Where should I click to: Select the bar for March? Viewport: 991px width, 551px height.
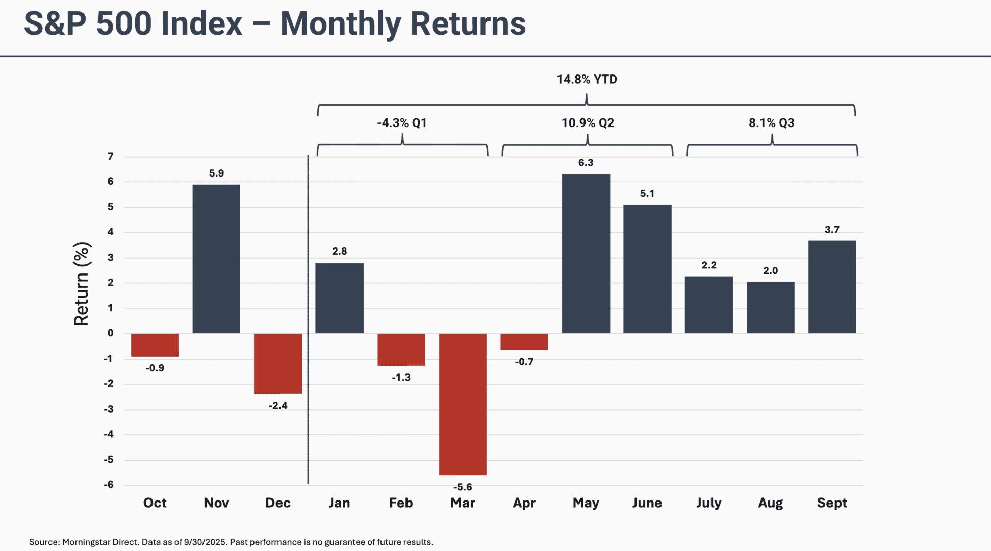point(463,404)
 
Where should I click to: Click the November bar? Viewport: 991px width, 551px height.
point(216,259)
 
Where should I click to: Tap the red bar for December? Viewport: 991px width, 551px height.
point(278,363)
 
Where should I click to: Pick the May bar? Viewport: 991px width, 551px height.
point(586,254)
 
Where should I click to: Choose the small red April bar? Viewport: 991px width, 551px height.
point(524,342)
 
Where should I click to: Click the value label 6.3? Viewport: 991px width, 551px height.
point(586,163)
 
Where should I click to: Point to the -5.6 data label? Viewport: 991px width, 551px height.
point(463,487)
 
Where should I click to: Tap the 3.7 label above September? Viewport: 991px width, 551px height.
point(832,230)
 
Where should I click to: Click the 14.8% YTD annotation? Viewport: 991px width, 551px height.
point(587,80)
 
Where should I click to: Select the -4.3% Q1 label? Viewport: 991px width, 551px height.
point(402,123)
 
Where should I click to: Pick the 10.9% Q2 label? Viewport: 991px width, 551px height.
point(588,123)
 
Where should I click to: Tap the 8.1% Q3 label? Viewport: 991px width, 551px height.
point(771,123)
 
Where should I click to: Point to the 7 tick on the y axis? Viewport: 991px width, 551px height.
point(111,157)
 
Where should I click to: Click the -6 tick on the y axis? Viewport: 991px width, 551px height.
point(109,485)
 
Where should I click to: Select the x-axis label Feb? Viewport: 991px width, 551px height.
point(401,503)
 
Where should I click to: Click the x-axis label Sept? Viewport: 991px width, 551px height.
point(832,503)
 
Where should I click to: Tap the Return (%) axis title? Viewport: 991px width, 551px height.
point(82,284)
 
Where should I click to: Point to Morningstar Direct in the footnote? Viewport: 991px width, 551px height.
point(100,542)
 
